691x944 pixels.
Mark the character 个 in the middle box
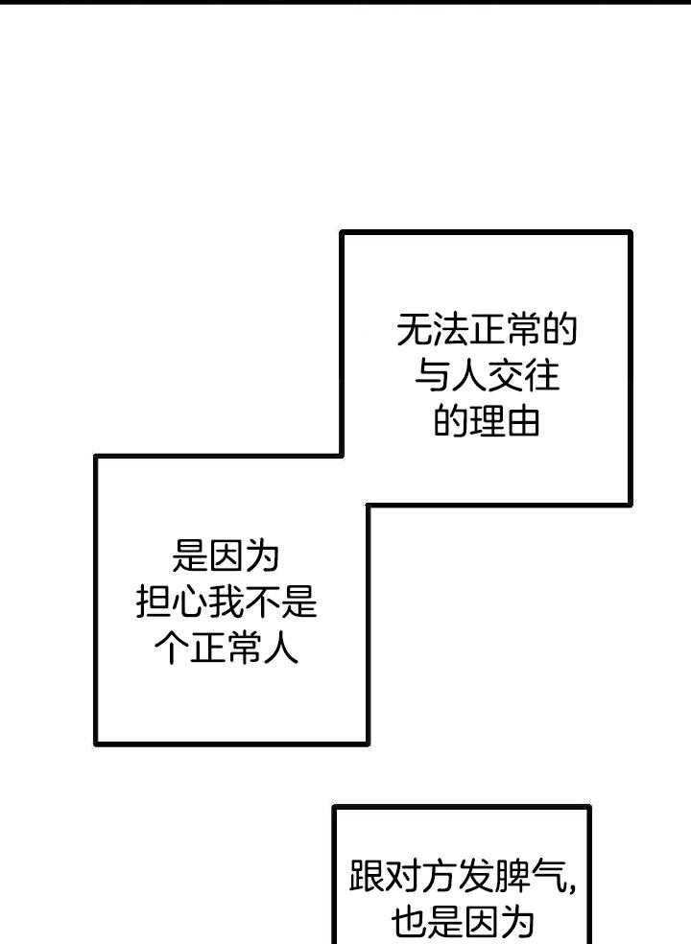[x=172, y=649]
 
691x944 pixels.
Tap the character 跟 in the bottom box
[x=369, y=876]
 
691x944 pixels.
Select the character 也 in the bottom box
[x=408, y=922]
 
